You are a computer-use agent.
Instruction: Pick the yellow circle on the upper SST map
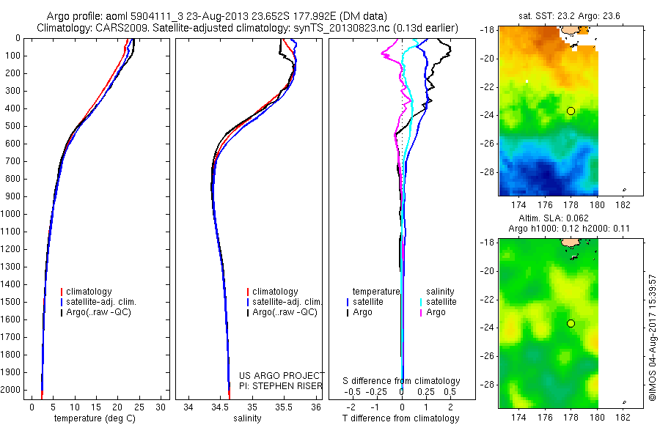(571, 111)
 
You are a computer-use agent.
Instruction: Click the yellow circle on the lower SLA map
(571, 323)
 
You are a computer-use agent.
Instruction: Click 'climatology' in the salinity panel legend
(275, 292)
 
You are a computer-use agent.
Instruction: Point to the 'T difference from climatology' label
(401, 418)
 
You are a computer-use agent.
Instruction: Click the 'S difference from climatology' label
(401, 381)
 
